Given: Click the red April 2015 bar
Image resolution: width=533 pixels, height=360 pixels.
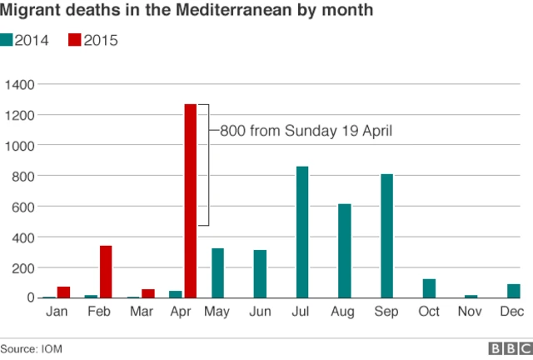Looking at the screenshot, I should coord(190,201).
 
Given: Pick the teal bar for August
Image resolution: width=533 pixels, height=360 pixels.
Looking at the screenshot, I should coord(344,251).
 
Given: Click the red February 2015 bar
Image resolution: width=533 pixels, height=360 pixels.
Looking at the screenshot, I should coord(106,272).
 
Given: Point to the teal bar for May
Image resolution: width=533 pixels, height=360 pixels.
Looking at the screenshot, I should coord(217,272).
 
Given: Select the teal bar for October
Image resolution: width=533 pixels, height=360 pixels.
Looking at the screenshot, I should coord(429,288).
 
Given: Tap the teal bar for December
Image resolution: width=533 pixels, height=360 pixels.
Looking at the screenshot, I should coord(513,291).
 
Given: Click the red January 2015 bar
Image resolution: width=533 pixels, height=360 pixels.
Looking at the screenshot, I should coord(63,292).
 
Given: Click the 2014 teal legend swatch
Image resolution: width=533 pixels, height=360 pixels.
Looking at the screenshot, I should coord(7,40).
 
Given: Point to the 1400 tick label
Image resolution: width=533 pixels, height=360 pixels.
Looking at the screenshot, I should coord(19,84).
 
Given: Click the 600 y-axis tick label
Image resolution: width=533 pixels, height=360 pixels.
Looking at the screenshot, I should coord(22,206).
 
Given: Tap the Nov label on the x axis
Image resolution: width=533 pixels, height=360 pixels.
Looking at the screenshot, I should coord(471,312).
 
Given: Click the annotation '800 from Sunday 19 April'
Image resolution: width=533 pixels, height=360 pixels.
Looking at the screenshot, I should coord(306,130).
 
